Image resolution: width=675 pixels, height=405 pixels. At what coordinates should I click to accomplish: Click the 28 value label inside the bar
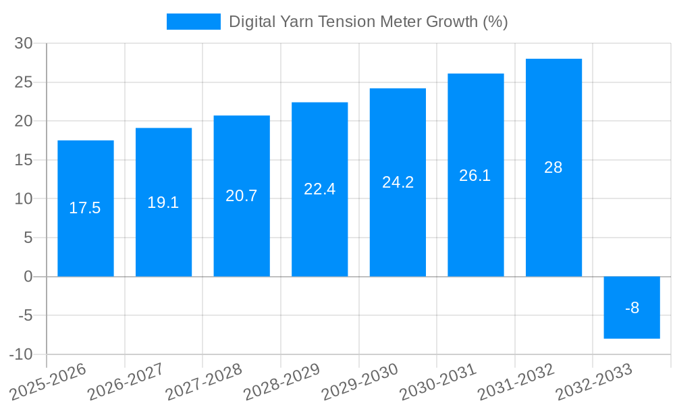pyautogui.click(x=553, y=167)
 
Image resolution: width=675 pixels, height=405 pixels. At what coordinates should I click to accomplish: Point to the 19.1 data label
pyautogui.click(x=163, y=202)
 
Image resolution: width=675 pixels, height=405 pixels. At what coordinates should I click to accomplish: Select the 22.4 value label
pyautogui.click(x=320, y=189)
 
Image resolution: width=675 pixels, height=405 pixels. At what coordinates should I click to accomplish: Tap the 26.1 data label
pyautogui.click(x=475, y=175)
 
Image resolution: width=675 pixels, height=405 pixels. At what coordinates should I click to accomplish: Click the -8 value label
pyautogui.click(x=632, y=308)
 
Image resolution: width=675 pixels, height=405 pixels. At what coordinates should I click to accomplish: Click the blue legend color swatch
pyautogui.click(x=193, y=22)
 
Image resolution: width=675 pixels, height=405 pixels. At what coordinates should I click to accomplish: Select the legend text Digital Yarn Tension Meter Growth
pyautogui.click(x=368, y=22)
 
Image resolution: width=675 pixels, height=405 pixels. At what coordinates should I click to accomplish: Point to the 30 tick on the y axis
pyautogui.click(x=24, y=43)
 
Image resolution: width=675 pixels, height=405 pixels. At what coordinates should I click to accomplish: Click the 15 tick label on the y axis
pyautogui.click(x=24, y=160)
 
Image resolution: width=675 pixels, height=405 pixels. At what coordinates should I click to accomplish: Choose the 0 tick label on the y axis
pyautogui.click(x=28, y=277)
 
